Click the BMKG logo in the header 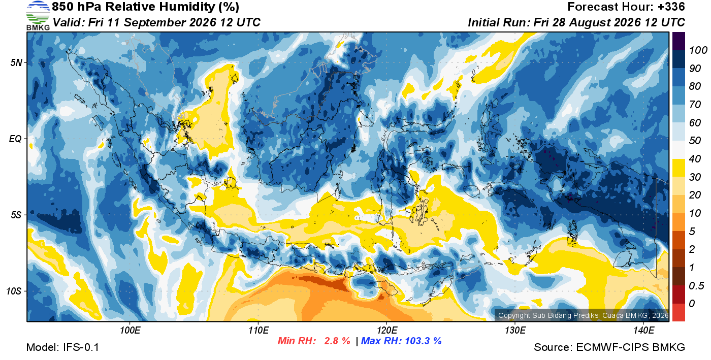click(38, 16)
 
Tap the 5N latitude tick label click(16, 62)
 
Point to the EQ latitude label click(15, 139)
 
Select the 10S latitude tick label click(14, 291)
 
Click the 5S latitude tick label click(16, 215)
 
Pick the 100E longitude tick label click(130, 330)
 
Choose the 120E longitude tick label click(387, 330)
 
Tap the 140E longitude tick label click(643, 330)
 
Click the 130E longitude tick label click(515, 330)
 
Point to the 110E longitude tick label click(258, 330)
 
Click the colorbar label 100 click(698, 50)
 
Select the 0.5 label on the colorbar click(696, 286)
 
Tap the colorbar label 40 click(695, 159)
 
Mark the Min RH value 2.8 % click(337, 341)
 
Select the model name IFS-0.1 click(81, 347)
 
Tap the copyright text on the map click(583, 315)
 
